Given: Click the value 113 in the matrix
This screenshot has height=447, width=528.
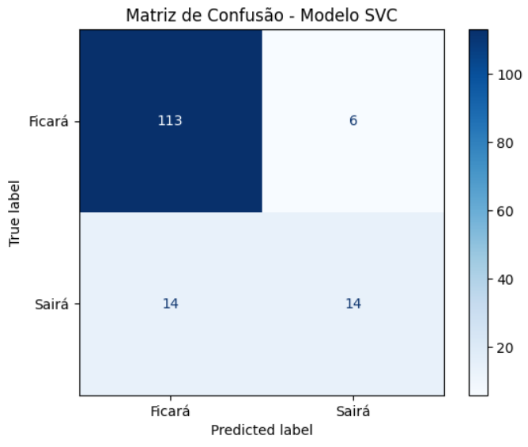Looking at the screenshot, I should [170, 121].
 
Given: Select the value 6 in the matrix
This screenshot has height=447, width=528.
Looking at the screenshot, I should [353, 121].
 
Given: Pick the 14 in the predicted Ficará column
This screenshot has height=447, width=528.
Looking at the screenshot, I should [170, 304].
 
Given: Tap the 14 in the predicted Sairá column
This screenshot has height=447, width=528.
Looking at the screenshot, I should [353, 304].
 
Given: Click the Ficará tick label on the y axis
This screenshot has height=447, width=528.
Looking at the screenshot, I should [48, 122].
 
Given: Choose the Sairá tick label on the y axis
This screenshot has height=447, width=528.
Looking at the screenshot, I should [53, 304].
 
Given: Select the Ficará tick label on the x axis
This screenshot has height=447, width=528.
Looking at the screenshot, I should [170, 411].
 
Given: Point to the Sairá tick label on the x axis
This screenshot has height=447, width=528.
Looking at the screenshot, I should [353, 411].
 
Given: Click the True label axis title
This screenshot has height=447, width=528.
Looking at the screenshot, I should [15, 212].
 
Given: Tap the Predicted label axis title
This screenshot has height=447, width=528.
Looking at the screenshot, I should [262, 431].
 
